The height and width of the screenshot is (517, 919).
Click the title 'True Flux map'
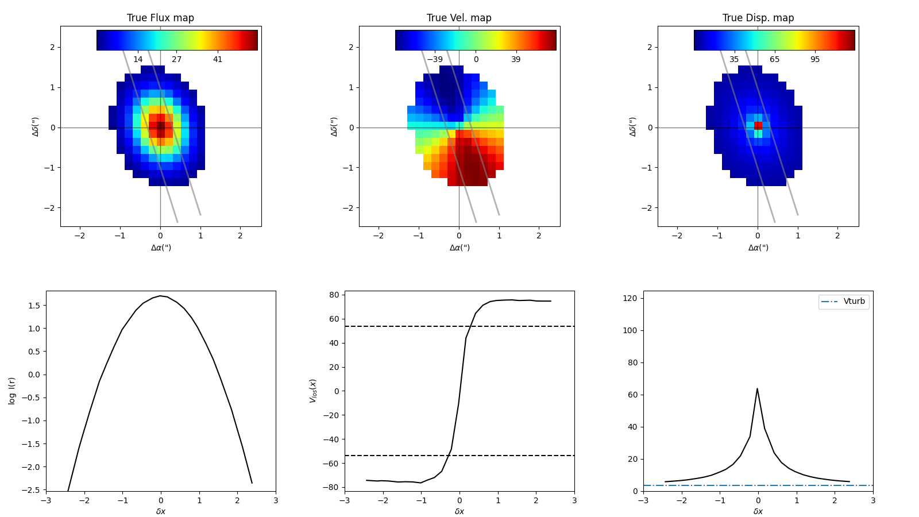(160, 18)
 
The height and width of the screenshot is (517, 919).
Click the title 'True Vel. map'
(459, 18)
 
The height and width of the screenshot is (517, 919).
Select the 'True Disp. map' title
(758, 18)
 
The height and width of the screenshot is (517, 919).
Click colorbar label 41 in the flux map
(218, 60)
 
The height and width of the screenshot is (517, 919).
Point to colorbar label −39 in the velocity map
(434, 60)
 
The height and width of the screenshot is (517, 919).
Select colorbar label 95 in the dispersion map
(815, 60)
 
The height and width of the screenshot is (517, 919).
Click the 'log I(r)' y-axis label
(12, 391)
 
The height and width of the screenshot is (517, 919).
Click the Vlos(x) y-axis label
(313, 391)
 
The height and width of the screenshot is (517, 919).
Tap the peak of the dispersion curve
(757, 389)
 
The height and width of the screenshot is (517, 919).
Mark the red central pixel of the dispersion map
(758, 125)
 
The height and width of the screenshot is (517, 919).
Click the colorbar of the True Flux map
(177, 40)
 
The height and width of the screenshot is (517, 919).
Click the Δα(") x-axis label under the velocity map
(459, 248)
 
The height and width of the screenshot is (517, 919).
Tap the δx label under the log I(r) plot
(161, 511)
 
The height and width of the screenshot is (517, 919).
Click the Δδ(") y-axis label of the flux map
(36, 126)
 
